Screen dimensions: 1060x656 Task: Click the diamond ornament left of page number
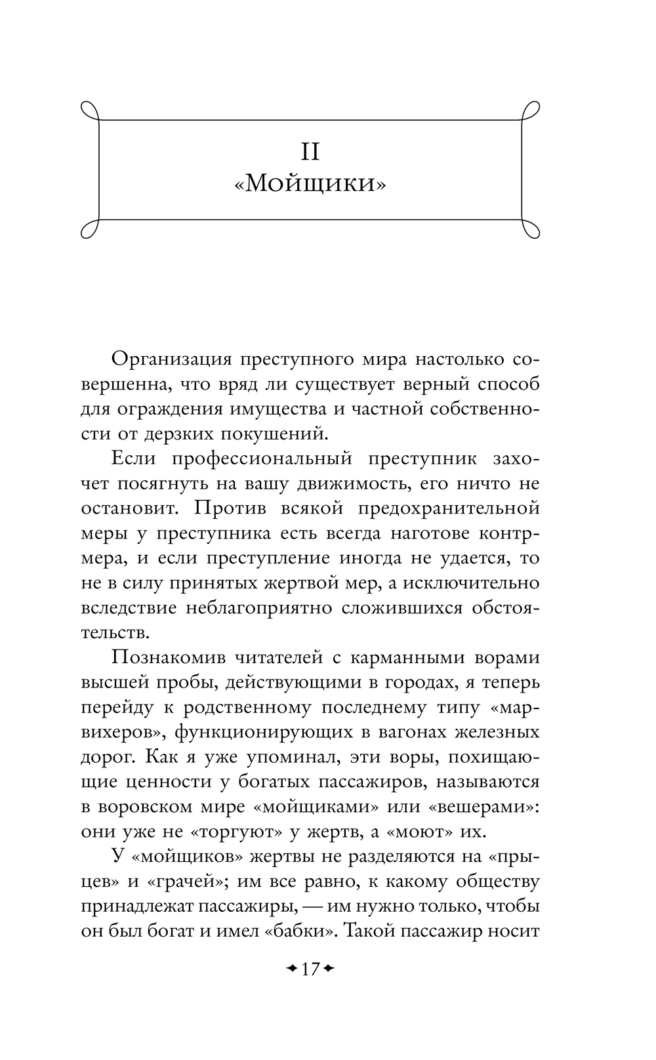coord(291,968)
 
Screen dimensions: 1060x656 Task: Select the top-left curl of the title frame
coord(90,111)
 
